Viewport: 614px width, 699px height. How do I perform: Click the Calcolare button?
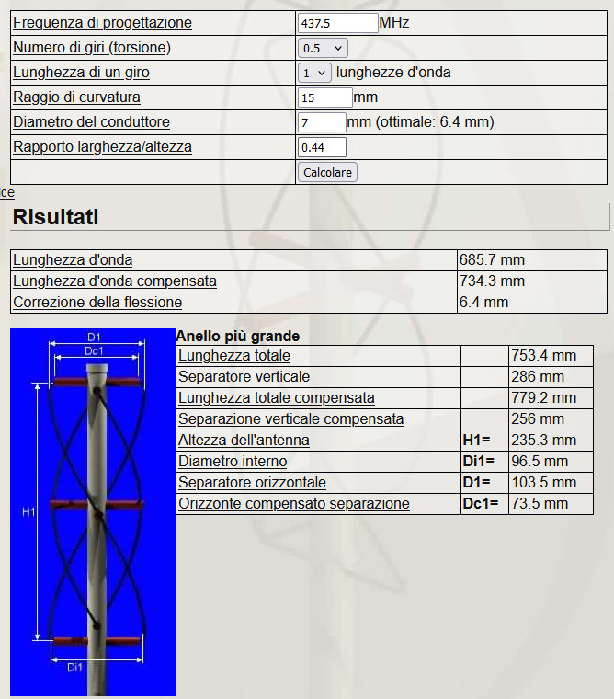pos(327,172)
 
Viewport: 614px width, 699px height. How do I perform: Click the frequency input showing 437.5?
pos(337,23)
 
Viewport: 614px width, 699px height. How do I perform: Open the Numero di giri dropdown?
pos(324,48)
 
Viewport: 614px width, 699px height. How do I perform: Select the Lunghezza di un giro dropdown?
pos(315,73)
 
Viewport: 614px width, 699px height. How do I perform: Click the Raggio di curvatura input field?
pos(325,97)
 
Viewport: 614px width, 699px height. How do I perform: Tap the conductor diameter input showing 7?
pos(322,122)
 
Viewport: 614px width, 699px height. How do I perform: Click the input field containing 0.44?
pos(322,147)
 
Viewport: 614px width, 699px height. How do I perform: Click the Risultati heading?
pos(56,217)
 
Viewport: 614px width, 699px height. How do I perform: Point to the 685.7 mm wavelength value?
pos(492,260)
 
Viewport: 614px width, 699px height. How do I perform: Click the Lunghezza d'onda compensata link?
pos(115,281)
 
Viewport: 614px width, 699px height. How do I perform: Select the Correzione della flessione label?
pos(97,303)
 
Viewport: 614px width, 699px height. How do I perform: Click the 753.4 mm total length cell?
pos(544,356)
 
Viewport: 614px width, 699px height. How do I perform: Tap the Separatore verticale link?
pos(244,377)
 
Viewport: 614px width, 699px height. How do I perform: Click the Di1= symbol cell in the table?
pos(478,462)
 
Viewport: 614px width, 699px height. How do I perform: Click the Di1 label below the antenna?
pos(76,668)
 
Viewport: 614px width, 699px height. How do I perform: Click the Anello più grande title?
pos(237,337)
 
